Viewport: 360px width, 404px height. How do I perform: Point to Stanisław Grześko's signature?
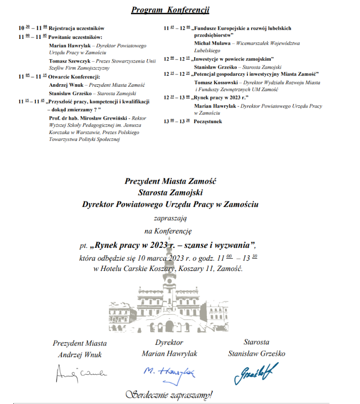(256, 372)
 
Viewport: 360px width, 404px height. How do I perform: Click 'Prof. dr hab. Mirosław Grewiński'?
(87, 118)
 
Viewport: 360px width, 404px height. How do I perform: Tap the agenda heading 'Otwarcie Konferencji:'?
(74, 77)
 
